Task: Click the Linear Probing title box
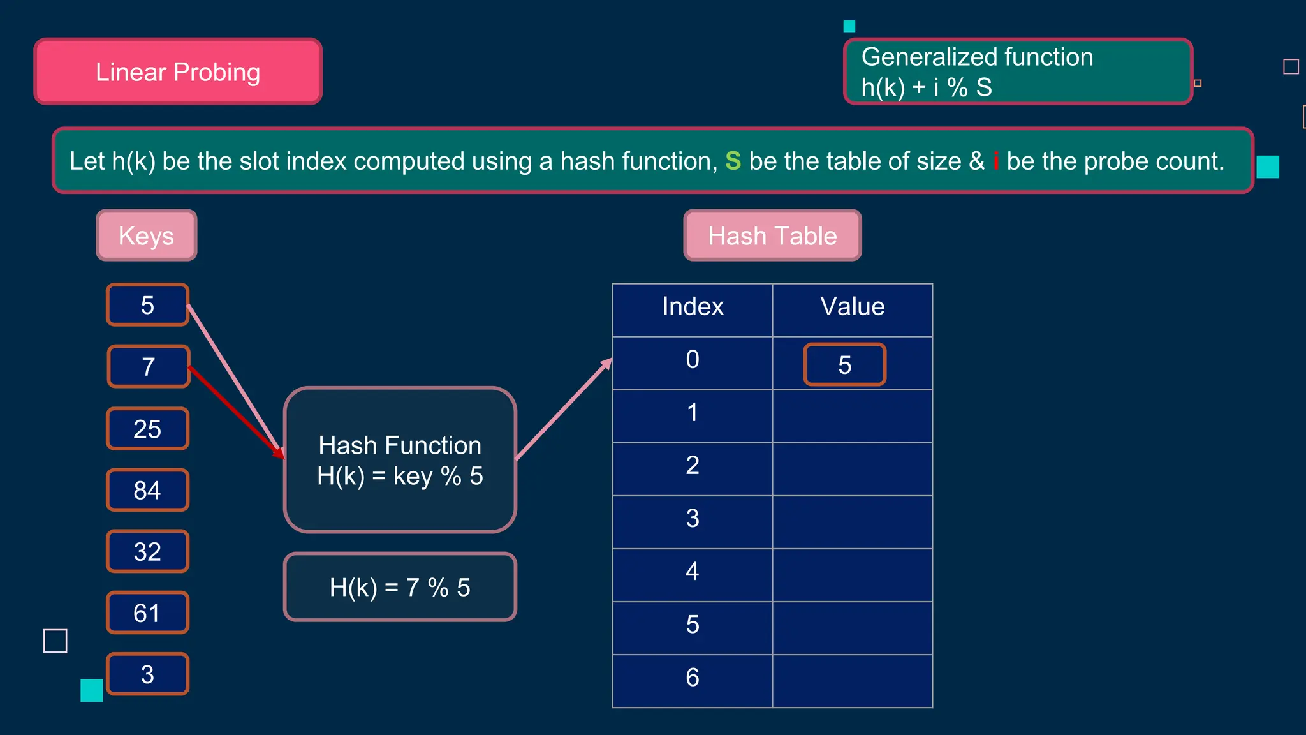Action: [x=178, y=71]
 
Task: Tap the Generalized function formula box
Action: [x=1018, y=71]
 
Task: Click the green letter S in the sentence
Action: [x=733, y=161]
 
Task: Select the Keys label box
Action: [x=147, y=235]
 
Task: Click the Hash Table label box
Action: [x=772, y=235]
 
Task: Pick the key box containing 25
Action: [x=147, y=429]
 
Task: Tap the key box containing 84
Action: [x=147, y=490]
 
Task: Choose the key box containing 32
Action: [x=147, y=551]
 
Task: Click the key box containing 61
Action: [x=147, y=613]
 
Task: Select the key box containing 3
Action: [x=147, y=674]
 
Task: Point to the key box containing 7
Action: [x=149, y=367]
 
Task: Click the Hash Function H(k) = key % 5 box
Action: [x=400, y=460]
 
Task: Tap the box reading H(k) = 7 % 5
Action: [x=400, y=587]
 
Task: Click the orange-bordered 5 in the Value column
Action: [x=844, y=365]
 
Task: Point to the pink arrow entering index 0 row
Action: [x=564, y=409]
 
